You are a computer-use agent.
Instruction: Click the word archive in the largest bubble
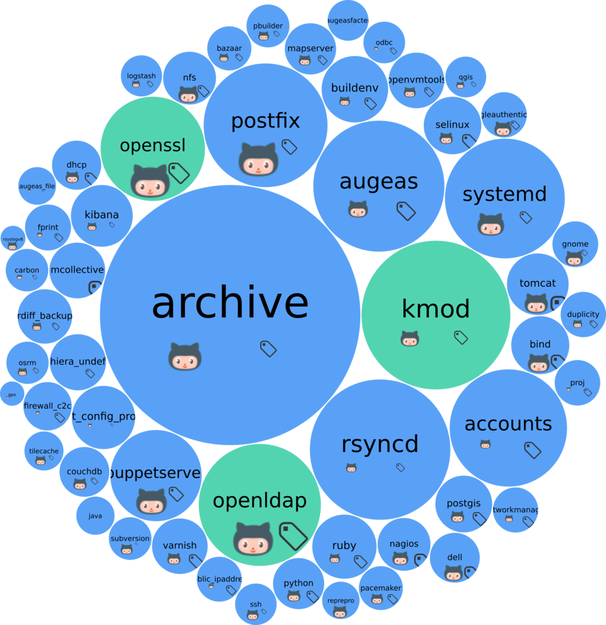230,304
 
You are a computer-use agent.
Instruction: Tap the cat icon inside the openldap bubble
253,539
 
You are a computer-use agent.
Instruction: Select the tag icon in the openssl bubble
179,172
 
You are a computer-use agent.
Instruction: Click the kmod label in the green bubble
436,309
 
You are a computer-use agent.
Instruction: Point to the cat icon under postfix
258,159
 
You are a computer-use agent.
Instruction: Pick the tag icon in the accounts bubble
532,449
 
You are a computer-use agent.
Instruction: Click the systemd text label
505,194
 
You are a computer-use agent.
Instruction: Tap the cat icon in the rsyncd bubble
351,467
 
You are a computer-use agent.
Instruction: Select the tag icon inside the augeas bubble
407,211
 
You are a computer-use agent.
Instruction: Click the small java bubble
95,516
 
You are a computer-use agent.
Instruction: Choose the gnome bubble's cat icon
574,258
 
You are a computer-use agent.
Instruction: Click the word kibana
101,215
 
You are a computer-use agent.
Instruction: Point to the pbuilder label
268,26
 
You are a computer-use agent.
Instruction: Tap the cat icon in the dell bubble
453,572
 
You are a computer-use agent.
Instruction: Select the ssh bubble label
255,604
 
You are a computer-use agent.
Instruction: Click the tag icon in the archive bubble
268,349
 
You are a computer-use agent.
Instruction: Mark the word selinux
452,124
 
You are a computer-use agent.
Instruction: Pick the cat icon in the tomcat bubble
536,304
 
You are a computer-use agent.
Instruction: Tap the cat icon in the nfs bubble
188,94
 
